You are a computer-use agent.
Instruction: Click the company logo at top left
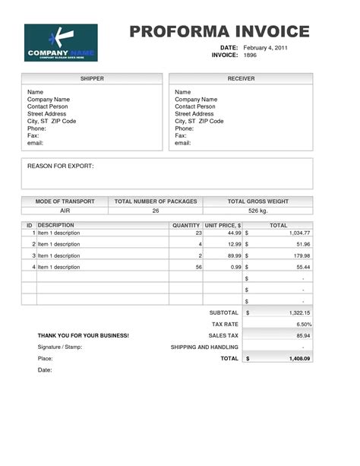[55, 43]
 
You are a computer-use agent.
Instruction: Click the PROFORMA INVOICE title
[219, 31]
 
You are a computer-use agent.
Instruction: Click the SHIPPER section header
[92, 78]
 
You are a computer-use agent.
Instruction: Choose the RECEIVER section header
[241, 78]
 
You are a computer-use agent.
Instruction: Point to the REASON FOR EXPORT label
[61, 165]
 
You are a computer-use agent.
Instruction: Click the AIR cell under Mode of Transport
[65, 211]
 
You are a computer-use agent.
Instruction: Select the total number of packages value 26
[156, 211]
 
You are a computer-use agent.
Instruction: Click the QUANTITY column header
[186, 226]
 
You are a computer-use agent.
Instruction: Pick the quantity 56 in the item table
[198, 267]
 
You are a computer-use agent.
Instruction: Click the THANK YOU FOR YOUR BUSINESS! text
[84, 335]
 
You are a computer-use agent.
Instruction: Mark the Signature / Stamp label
[60, 347]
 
